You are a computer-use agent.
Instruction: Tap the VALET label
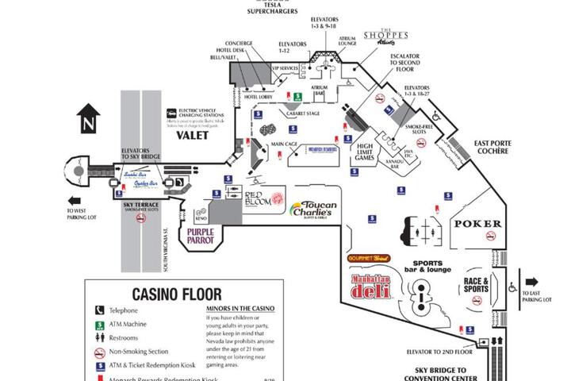tap(192, 135)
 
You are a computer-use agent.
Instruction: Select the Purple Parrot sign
tap(202, 235)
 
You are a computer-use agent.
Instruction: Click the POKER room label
tap(477, 224)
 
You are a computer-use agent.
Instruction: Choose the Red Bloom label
tap(258, 198)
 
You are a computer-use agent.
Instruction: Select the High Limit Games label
tap(366, 152)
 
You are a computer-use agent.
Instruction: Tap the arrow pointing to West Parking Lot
tap(76, 201)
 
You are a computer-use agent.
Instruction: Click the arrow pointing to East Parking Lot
tap(531, 281)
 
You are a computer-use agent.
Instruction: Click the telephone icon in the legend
tap(101, 310)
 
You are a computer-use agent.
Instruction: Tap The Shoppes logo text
tap(385, 38)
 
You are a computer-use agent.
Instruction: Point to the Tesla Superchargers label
tap(271, 7)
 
